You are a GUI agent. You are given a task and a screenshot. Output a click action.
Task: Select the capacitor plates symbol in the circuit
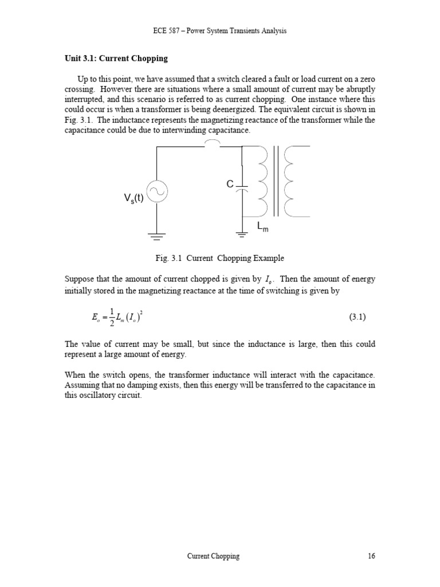[x=242, y=188]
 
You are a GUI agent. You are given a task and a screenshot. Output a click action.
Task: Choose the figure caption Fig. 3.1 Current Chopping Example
[x=220, y=258]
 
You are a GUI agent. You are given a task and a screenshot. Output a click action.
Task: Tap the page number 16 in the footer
[x=371, y=556]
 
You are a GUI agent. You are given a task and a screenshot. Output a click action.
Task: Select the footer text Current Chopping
[x=214, y=556]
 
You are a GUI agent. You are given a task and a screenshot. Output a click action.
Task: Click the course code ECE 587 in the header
[x=168, y=30]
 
